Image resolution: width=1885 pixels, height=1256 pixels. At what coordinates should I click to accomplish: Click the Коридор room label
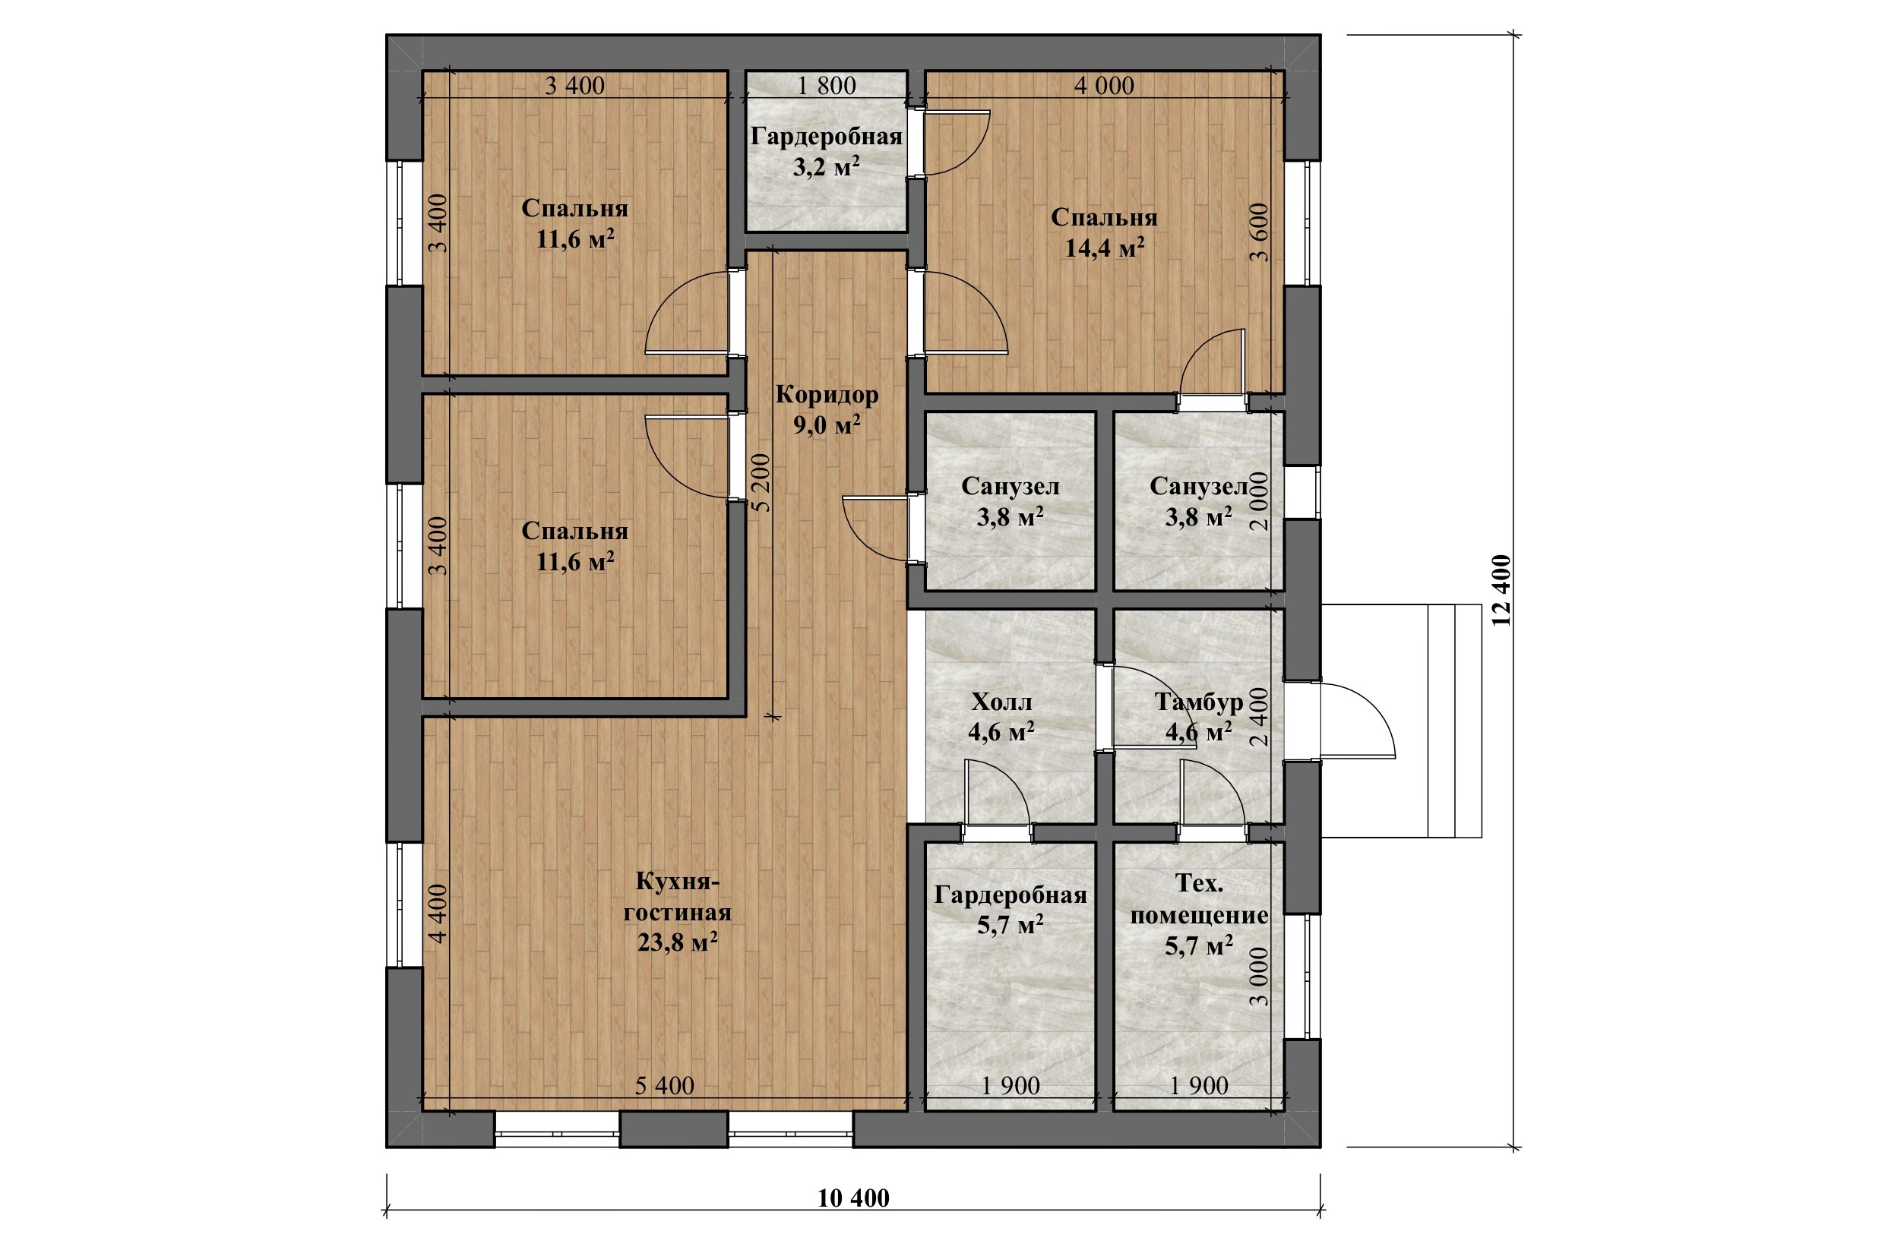[827, 395]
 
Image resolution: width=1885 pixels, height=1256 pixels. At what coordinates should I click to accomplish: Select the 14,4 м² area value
[1105, 248]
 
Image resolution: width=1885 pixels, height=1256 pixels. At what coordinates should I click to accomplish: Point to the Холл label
[1002, 702]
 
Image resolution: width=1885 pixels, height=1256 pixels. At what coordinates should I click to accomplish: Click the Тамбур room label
[1198, 702]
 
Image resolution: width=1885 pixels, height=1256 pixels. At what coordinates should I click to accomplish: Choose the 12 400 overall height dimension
[1501, 590]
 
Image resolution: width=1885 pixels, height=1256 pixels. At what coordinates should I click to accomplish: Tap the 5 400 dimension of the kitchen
[664, 1085]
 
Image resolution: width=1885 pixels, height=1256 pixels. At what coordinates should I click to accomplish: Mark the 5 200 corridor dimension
[761, 483]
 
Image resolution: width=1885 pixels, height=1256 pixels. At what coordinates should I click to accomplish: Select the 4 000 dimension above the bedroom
[1105, 86]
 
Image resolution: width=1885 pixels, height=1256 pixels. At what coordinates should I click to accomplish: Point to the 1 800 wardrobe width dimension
[827, 86]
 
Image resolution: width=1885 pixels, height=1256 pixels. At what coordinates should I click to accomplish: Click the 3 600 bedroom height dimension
[1260, 232]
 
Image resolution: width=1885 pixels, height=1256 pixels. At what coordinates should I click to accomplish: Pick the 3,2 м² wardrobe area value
[827, 167]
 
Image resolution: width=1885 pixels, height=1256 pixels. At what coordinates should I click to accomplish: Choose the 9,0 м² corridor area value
[827, 425]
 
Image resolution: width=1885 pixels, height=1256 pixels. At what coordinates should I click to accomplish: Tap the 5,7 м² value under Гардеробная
[1010, 926]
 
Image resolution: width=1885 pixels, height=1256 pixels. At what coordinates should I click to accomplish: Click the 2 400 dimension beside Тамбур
[1260, 717]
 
